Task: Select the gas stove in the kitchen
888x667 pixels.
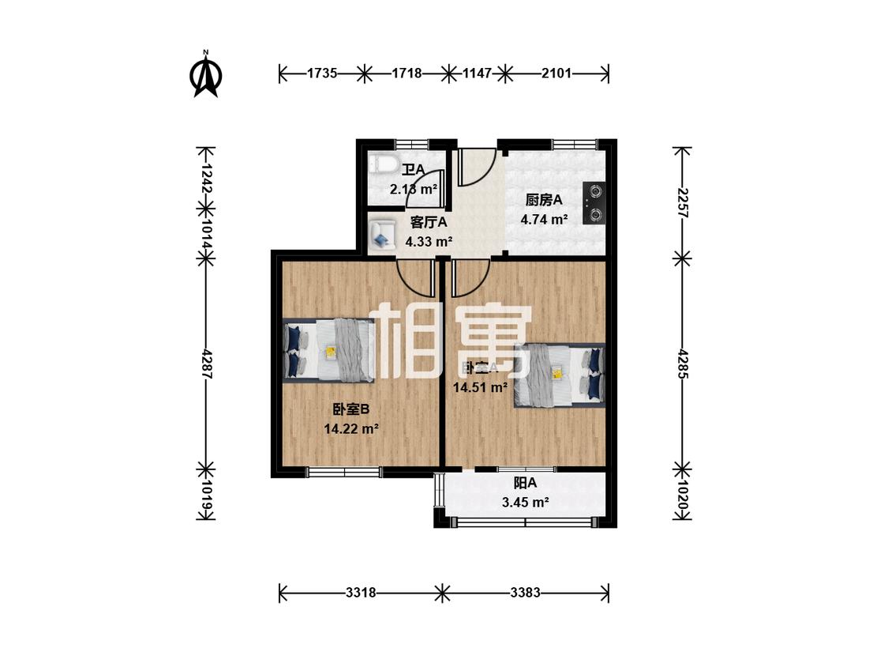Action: (593, 202)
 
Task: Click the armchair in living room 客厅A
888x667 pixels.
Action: (383, 232)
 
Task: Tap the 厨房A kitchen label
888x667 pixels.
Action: (544, 200)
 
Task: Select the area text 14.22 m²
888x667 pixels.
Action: (351, 429)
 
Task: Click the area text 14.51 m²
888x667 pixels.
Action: (480, 387)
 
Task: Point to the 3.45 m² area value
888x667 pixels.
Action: (525, 502)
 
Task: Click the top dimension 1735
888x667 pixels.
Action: (322, 73)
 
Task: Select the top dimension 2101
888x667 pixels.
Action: (556, 73)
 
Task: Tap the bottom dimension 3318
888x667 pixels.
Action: (359, 592)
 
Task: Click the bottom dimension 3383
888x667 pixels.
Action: (525, 592)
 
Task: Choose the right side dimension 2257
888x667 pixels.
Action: (683, 202)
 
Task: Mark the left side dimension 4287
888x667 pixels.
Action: (206, 365)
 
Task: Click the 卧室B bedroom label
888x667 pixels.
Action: (350, 409)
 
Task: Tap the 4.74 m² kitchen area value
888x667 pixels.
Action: (544, 220)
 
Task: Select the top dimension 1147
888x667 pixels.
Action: (477, 73)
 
